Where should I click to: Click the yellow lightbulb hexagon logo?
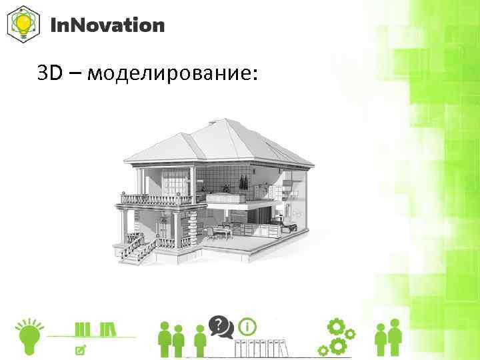coord(23,25)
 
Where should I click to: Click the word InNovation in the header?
coord(107,25)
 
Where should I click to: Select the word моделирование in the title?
coord(171,74)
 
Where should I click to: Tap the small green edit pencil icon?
coord(81,349)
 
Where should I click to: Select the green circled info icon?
coord(248,327)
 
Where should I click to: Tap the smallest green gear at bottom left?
coord(323,350)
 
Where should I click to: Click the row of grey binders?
coord(260,349)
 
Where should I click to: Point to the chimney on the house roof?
coord(212,122)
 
